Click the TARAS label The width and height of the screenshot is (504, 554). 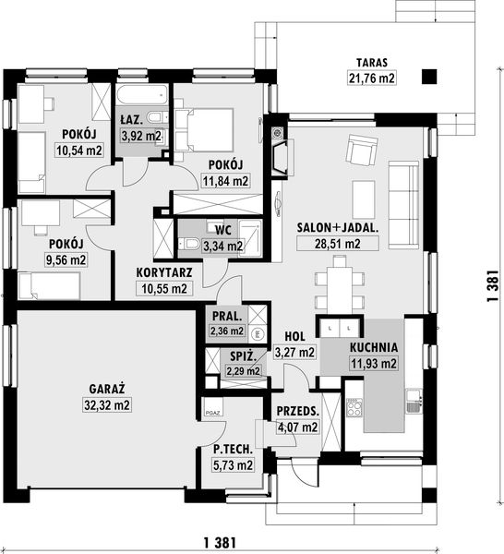372,63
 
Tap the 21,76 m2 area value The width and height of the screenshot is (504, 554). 372,78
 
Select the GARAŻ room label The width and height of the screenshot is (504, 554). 107,389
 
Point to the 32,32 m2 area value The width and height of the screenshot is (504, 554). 107,405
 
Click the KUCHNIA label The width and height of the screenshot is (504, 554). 374,347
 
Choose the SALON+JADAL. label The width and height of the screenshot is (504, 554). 338,228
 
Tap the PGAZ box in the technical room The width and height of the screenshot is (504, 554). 213,407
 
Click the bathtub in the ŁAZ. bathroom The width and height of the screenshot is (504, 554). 141,95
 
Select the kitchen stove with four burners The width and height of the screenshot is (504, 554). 354,407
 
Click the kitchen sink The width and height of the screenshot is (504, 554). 413,401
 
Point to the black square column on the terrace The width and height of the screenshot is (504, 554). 429,77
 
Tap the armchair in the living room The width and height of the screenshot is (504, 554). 362,150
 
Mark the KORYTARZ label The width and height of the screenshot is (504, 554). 164,272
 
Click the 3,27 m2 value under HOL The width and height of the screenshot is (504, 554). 294,353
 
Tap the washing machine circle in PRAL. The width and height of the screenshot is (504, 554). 258,333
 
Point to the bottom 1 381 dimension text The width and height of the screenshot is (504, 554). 220,542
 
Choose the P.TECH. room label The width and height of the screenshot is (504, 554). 234,450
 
